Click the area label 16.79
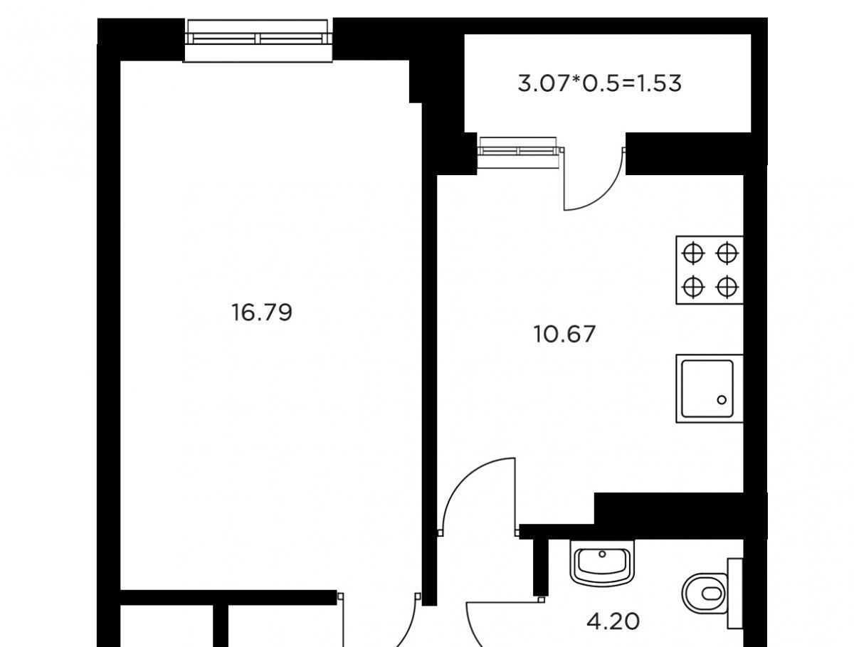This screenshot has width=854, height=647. [261, 312]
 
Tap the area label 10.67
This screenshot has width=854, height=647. [564, 335]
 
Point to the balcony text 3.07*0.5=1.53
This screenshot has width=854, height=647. [599, 84]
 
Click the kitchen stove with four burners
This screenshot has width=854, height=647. [710, 270]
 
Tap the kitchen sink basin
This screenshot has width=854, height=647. [710, 389]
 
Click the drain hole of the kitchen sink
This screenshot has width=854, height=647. [722, 399]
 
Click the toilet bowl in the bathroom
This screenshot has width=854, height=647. [705, 594]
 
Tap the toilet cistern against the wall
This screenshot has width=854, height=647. [735, 594]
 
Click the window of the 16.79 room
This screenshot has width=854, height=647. [258, 41]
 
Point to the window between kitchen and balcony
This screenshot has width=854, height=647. [519, 152]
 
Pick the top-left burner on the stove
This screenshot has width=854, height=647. [693, 253]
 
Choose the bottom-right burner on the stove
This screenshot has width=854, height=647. [727, 287]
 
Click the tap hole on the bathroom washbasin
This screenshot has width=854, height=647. [602, 554]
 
